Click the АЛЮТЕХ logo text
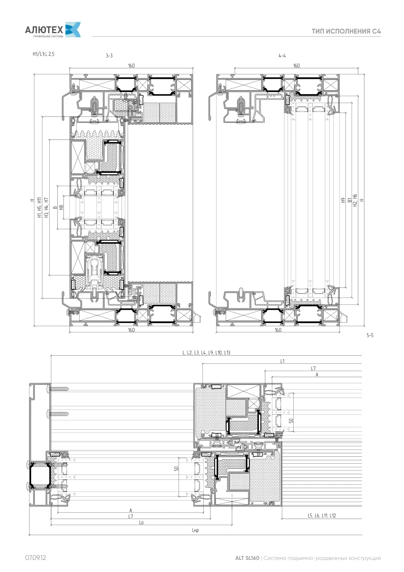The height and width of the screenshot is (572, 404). pyautogui.click(x=44, y=30)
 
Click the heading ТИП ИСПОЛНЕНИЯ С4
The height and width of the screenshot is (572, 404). pyautogui.click(x=346, y=31)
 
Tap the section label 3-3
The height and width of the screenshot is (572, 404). pyautogui.click(x=109, y=55)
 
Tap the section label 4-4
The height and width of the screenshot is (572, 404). pyautogui.click(x=282, y=55)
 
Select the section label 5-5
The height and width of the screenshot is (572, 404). pyautogui.click(x=370, y=335)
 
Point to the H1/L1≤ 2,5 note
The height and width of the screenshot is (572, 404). pyautogui.click(x=44, y=54)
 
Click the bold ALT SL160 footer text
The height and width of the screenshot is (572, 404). pyautogui.click(x=247, y=558)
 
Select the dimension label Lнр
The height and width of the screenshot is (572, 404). pyautogui.click(x=195, y=530)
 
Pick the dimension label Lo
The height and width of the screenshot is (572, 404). pyautogui.click(x=141, y=522)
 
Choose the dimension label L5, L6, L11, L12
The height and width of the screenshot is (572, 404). pyautogui.click(x=322, y=515)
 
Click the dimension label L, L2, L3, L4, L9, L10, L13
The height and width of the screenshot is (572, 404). pyautogui.click(x=206, y=352)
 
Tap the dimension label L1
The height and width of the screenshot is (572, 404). pyautogui.click(x=282, y=361)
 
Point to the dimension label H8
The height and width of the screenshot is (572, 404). pyautogui.click(x=61, y=207)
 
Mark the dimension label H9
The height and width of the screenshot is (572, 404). pyautogui.click(x=343, y=201)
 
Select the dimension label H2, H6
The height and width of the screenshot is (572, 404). pyautogui.click(x=355, y=200)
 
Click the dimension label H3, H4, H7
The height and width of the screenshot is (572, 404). pyautogui.click(x=46, y=207)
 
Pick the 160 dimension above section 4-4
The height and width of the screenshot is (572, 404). pyautogui.click(x=296, y=65)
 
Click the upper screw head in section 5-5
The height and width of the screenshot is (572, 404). pyautogui.click(x=48, y=389)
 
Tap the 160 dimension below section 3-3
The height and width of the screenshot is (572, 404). pyautogui.click(x=131, y=330)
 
